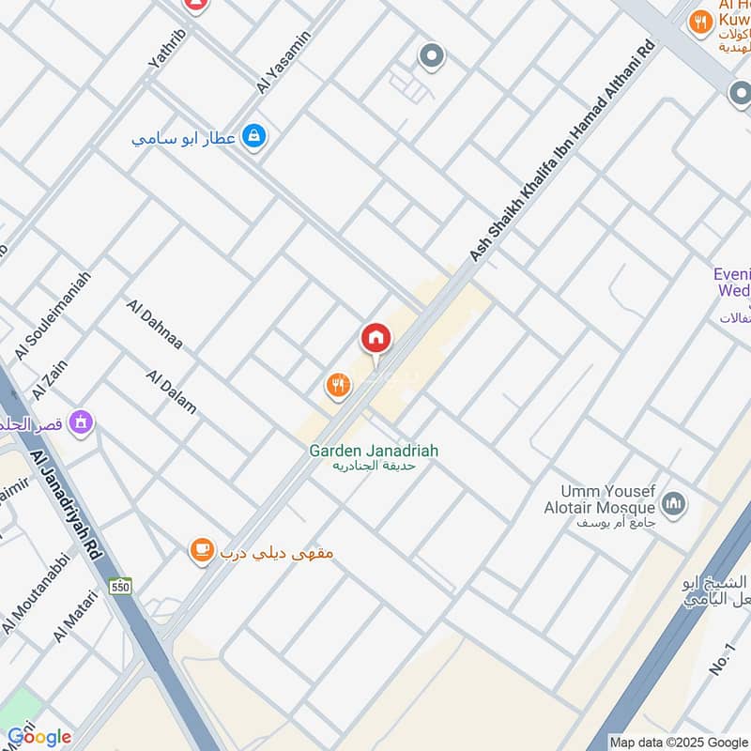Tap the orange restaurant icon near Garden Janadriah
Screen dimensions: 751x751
point(338,384)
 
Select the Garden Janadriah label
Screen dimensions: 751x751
point(374,451)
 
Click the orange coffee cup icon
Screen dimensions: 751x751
point(201,552)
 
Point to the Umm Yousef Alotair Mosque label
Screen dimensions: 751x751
point(605,499)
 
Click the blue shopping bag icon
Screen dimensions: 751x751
point(253,138)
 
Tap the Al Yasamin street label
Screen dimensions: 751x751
point(283,62)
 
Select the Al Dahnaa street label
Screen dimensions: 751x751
point(154,325)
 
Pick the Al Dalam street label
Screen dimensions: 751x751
point(172,391)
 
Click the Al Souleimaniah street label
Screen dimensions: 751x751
point(53,315)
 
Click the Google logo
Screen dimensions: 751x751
point(38,737)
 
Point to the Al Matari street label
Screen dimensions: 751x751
point(75,615)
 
